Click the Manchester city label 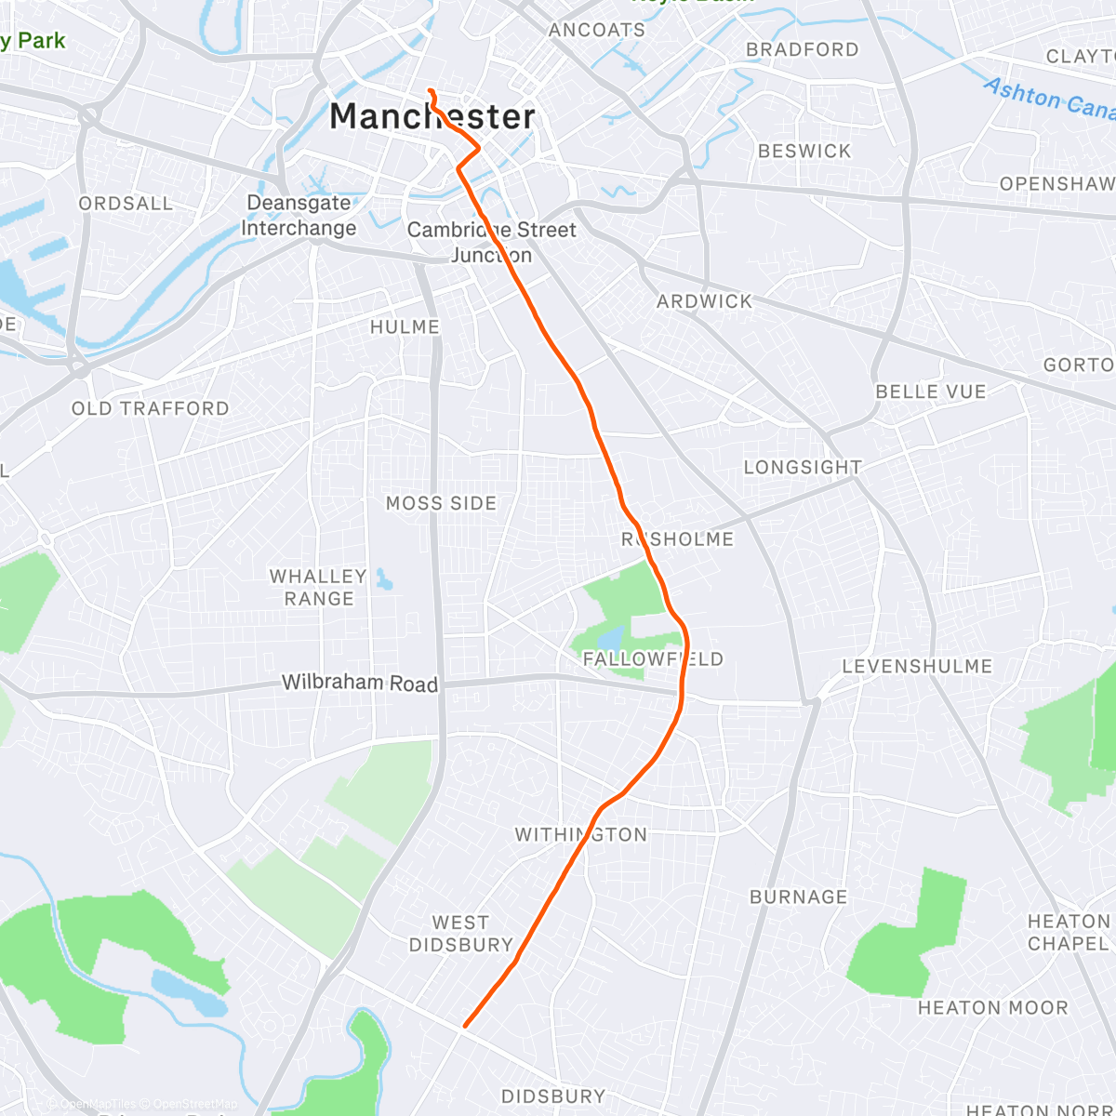click(432, 116)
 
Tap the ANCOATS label click(596, 30)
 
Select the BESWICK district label click(804, 151)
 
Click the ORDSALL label click(126, 203)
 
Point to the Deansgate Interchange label click(299, 215)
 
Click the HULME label click(405, 326)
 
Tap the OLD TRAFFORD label click(151, 408)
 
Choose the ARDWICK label click(704, 301)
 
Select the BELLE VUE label click(930, 392)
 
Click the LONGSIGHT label click(803, 467)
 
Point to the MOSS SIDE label click(441, 503)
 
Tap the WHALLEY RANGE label click(318, 587)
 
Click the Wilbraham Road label click(360, 683)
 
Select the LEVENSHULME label click(917, 666)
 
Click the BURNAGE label click(798, 897)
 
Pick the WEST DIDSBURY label click(460, 933)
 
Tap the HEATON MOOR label click(992, 1007)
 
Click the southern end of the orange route click(464, 1027)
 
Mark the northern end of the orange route click(430, 90)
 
